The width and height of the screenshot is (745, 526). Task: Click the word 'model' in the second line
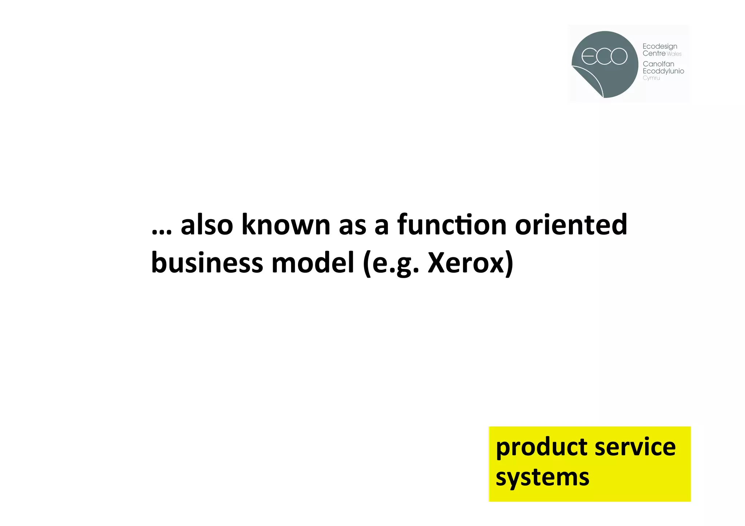click(x=313, y=262)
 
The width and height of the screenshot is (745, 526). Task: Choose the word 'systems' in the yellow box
click(x=542, y=477)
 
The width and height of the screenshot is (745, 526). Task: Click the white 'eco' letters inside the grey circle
click(x=604, y=56)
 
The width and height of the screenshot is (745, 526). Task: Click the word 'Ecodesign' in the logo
click(x=660, y=47)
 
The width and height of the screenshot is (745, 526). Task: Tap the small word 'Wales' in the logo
click(x=674, y=54)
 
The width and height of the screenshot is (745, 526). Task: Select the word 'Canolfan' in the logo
click(x=658, y=64)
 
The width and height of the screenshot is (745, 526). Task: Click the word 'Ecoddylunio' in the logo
click(x=664, y=71)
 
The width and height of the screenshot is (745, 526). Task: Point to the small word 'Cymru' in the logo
click(x=651, y=78)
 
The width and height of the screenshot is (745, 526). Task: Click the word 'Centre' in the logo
click(x=654, y=53)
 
